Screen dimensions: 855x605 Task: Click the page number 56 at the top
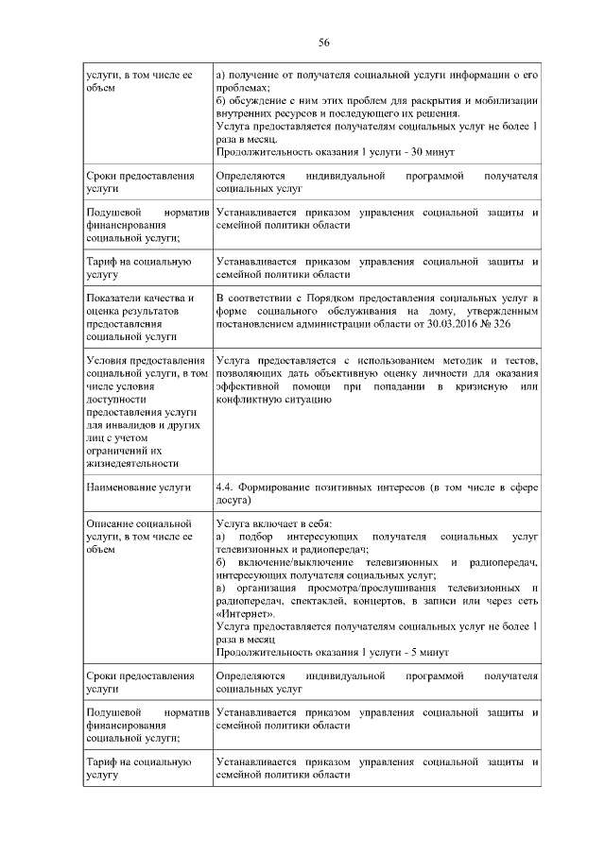[323, 43]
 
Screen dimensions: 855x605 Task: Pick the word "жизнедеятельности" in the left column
[131, 463]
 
